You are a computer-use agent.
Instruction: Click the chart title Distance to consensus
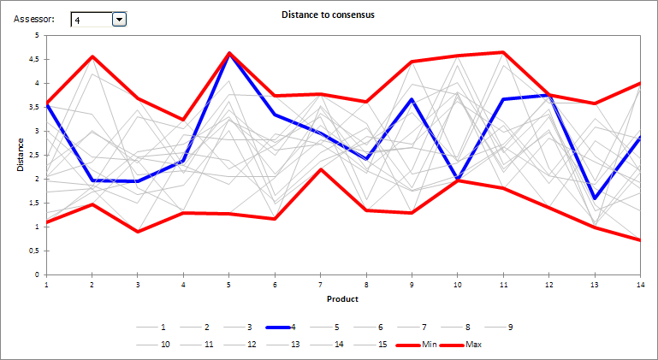click(328, 15)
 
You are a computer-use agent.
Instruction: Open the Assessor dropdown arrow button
click(119, 19)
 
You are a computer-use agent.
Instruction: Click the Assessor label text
click(35, 19)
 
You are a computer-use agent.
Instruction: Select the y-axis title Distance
click(21, 155)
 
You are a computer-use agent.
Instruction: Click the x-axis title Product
click(342, 299)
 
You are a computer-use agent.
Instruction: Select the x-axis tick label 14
click(640, 283)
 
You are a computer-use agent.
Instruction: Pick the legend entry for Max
click(471, 345)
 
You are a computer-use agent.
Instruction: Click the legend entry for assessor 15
click(381, 345)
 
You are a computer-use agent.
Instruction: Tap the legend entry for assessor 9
click(510, 327)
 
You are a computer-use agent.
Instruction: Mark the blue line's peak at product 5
click(228, 54)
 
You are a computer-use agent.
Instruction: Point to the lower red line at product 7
click(320, 169)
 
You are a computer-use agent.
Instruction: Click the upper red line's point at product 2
click(92, 56)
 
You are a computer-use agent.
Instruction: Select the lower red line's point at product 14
click(640, 240)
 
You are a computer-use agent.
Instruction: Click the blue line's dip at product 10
click(457, 179)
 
